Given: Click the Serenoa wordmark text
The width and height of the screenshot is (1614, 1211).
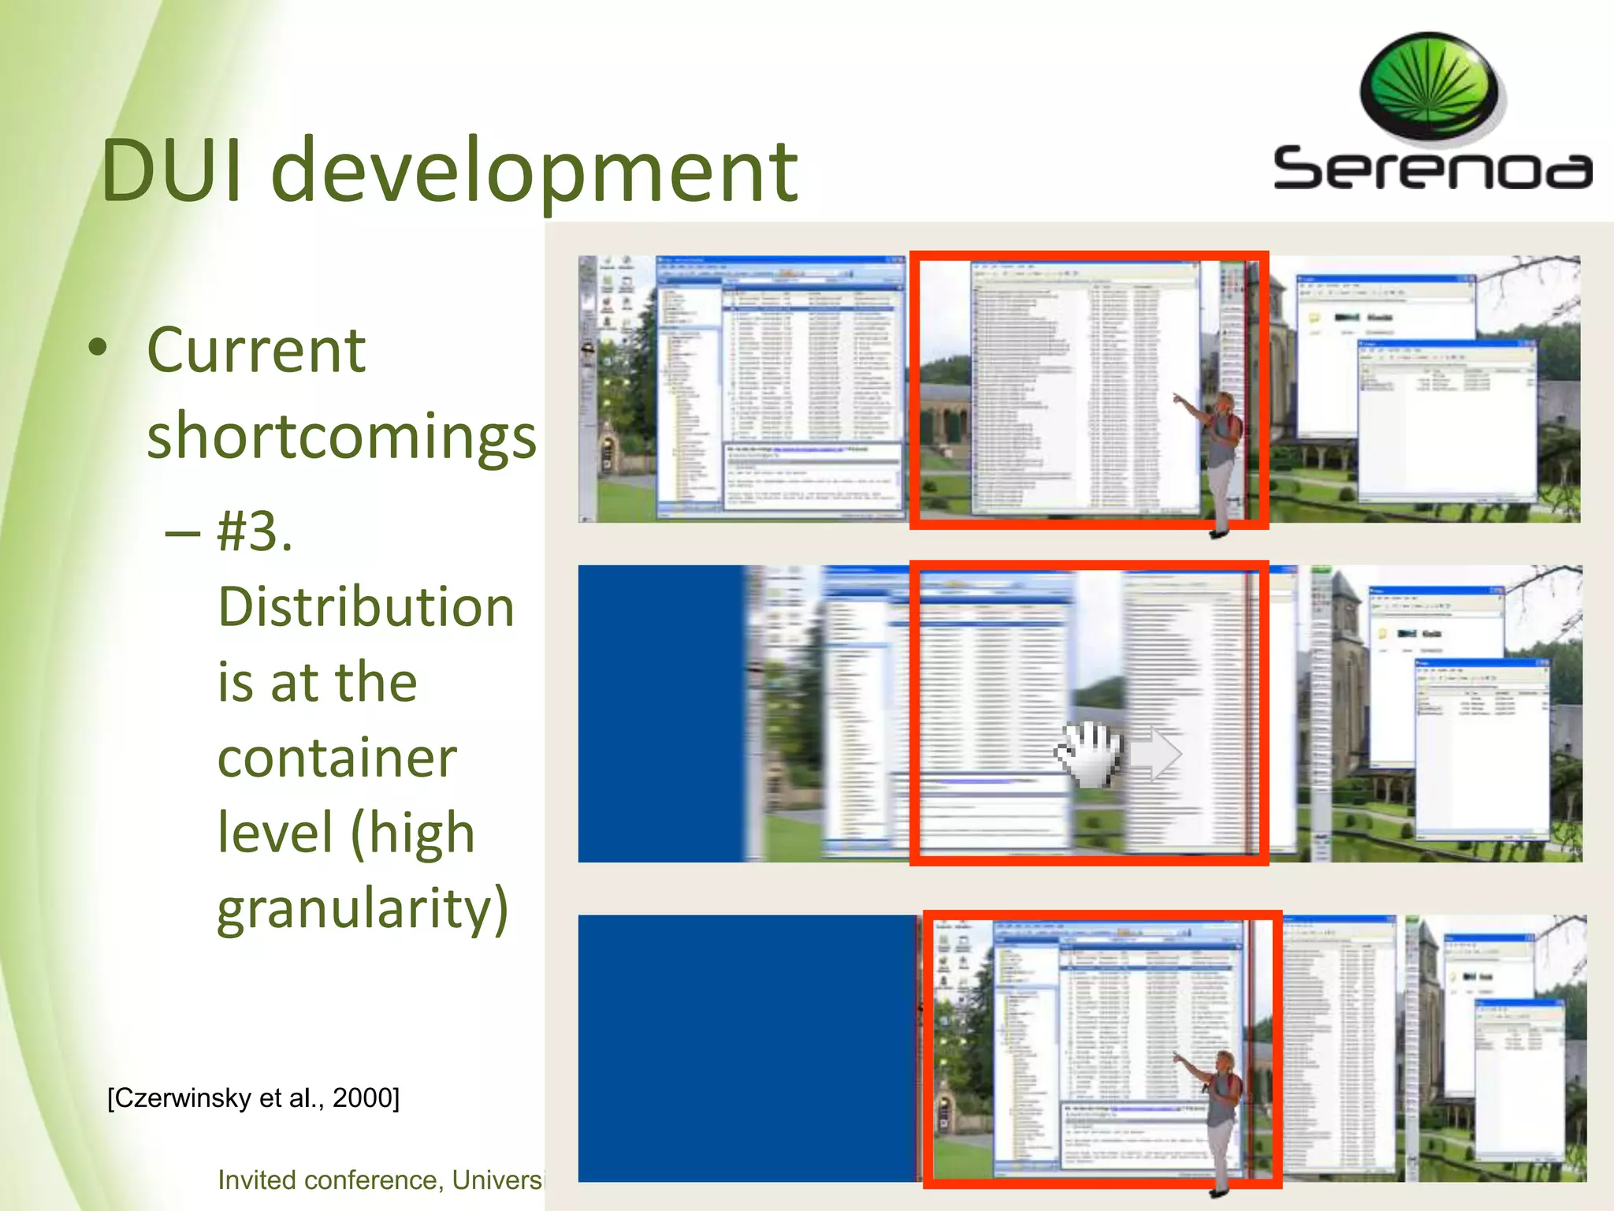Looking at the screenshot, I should point(1432,168).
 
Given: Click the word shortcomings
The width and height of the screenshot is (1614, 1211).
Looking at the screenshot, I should point(341,436).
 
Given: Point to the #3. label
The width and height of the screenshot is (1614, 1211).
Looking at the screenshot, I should point(255,531).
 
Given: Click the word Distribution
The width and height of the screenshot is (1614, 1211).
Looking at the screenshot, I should point(366,607).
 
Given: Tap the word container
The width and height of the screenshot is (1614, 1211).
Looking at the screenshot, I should point(337,758).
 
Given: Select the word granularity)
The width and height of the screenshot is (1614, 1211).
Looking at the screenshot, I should point(363,908).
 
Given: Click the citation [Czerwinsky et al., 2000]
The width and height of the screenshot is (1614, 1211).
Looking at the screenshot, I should point(253,1097).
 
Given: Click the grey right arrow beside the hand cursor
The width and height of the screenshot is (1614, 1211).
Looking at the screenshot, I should point(1156,754).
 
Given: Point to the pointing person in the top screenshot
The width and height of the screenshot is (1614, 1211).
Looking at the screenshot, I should point(1220,457).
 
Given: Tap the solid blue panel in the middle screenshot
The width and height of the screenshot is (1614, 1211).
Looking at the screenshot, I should point(660,713).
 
